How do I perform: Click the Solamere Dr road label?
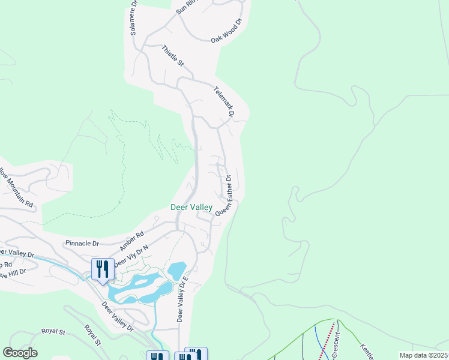click(x=133, y=18)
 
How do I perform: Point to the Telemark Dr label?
click(x=223, y=100)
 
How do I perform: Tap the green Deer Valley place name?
click(x=191, y=207)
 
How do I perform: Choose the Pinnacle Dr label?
click(x=82, y=244)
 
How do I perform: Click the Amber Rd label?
click(x=132, y=241)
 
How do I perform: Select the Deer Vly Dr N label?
click(x=131, y=256)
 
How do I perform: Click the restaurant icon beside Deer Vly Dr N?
click(x=102, y=269)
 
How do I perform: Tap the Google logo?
click(x=20, y=353)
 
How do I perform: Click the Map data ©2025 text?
click(x=423, y=355)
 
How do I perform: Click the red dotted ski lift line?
click(x=325, y=344)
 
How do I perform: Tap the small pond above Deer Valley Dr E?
click(x=177, y=271)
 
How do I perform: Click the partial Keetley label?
click(x=367, y=351)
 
